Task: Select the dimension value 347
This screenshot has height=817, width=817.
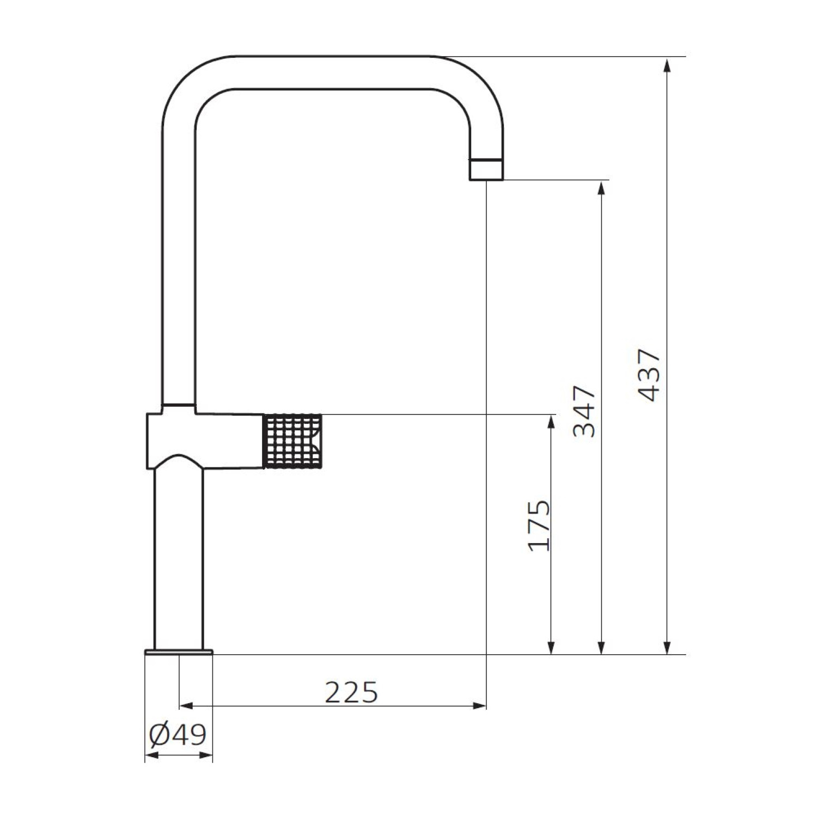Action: [584, 412]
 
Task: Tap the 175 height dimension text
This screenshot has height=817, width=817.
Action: [540, 525]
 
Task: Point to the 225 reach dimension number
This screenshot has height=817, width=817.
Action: [351, 692]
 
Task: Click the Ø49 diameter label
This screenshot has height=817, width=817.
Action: [178, 735]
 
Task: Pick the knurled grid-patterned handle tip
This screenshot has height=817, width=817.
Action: [294, 441]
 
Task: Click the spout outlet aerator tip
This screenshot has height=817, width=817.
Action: [486, 169]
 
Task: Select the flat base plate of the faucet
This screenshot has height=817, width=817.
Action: [179, 651]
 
